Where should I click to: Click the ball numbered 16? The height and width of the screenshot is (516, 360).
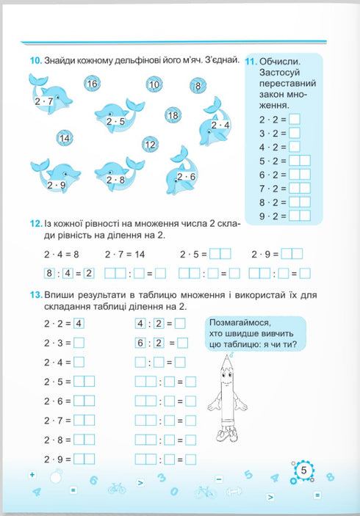click(92, 84)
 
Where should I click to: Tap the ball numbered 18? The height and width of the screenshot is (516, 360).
click(173, 115)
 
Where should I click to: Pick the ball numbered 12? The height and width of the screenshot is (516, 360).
click(151, 145)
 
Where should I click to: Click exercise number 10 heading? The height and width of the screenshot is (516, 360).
click(35, 60)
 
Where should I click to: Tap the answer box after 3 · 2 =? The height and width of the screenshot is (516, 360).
click(295, 133)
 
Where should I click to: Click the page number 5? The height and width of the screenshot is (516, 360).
click(303, 470)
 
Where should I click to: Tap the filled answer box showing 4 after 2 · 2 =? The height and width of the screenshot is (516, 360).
click(79, 323)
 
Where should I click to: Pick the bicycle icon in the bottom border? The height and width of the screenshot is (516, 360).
click(116, 487)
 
